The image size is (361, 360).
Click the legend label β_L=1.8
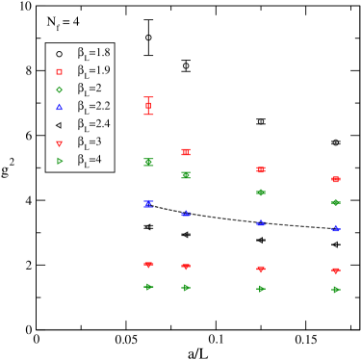pyautogui.click(x=93, y=53)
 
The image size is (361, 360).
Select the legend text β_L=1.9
pyautogui.click(x=93, y=70)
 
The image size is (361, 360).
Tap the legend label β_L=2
pyautogui.click(x=90, y=89)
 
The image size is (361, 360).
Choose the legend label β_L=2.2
pyautogui.click(x=93, y=106)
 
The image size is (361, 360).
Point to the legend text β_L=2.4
pyautogui.click(x=93, y=124)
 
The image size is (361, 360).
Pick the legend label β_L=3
pyautogui.click(x=90, y=142)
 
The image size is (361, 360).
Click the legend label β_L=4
pyautogui.click(x=90, y=160)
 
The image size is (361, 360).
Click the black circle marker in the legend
pyautogui.click(x=60, y=54)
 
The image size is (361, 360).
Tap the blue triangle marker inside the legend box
pyautogui.click(x=60, y=107)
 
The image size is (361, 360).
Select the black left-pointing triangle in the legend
pyautogui.click(x=60, y=125)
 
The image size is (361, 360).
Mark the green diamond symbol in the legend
pyautogui.click(x=60, y=90)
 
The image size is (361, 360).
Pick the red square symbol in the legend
pyautogui.click(x=60, y=71)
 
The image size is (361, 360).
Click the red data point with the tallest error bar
pyautogui.click(x=148, y=106)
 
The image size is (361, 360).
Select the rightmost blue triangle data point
pyautogui.click(x=336, y=229)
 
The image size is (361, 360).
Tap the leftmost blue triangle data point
pyautogui.click(x=148, y=204)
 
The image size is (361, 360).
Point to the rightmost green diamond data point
pyautogui.click(x=336, y=202)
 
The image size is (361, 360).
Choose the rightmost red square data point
pyautogui.click(x=336, y=179)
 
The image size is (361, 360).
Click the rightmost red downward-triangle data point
pyautogui.click(x=336, y=271)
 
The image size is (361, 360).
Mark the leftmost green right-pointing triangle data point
pyautogui.click(x=148, y=287)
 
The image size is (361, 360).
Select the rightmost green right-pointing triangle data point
pyautogui.click(x=336, y=290)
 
